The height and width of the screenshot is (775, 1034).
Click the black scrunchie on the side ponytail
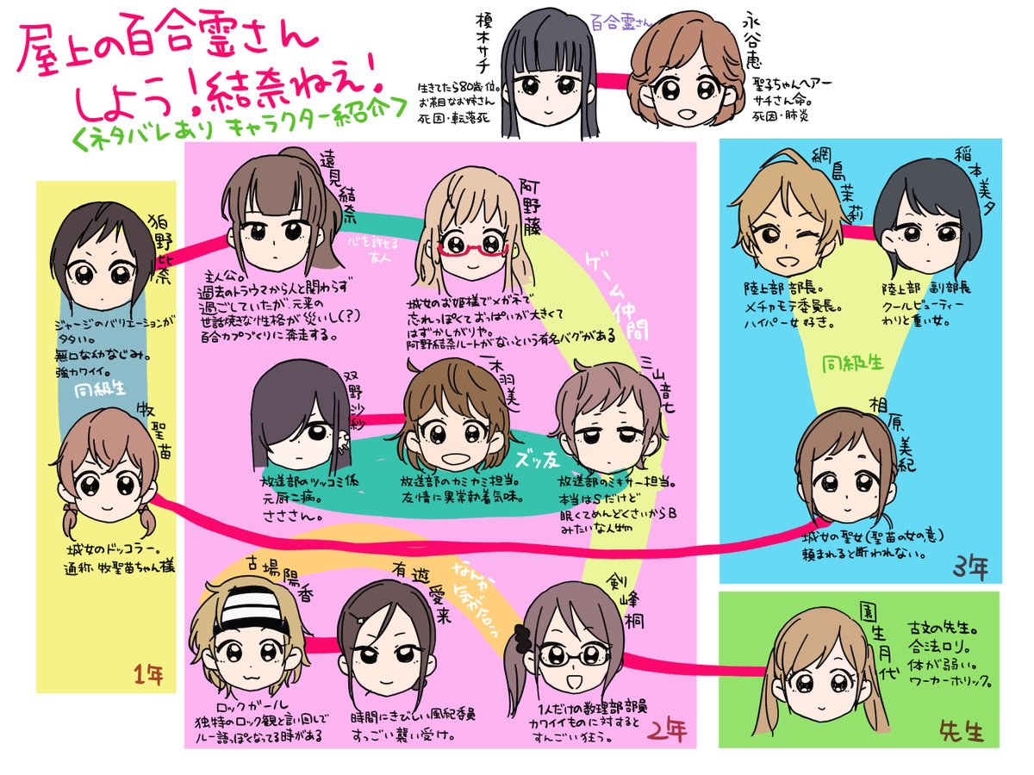[522, 638]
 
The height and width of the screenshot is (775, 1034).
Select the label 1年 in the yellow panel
[145, 673]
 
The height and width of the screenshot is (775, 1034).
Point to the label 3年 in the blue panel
[972, 569]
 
